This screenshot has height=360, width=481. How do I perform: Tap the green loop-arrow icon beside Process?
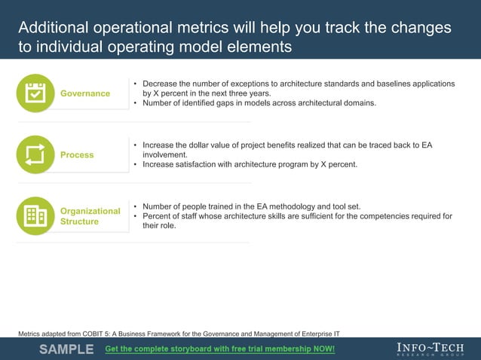coord(35,154)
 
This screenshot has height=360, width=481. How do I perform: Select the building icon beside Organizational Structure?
coord(35,215)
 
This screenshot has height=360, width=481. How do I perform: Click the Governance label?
coord(85,93)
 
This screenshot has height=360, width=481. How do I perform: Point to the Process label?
coord(77,154)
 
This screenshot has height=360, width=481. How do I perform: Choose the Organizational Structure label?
coord(90,216)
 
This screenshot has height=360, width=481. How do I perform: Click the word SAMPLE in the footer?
coord(66,349)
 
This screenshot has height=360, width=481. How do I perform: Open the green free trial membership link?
coord(219,349)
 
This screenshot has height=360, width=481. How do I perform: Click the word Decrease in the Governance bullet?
coord(161,84)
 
